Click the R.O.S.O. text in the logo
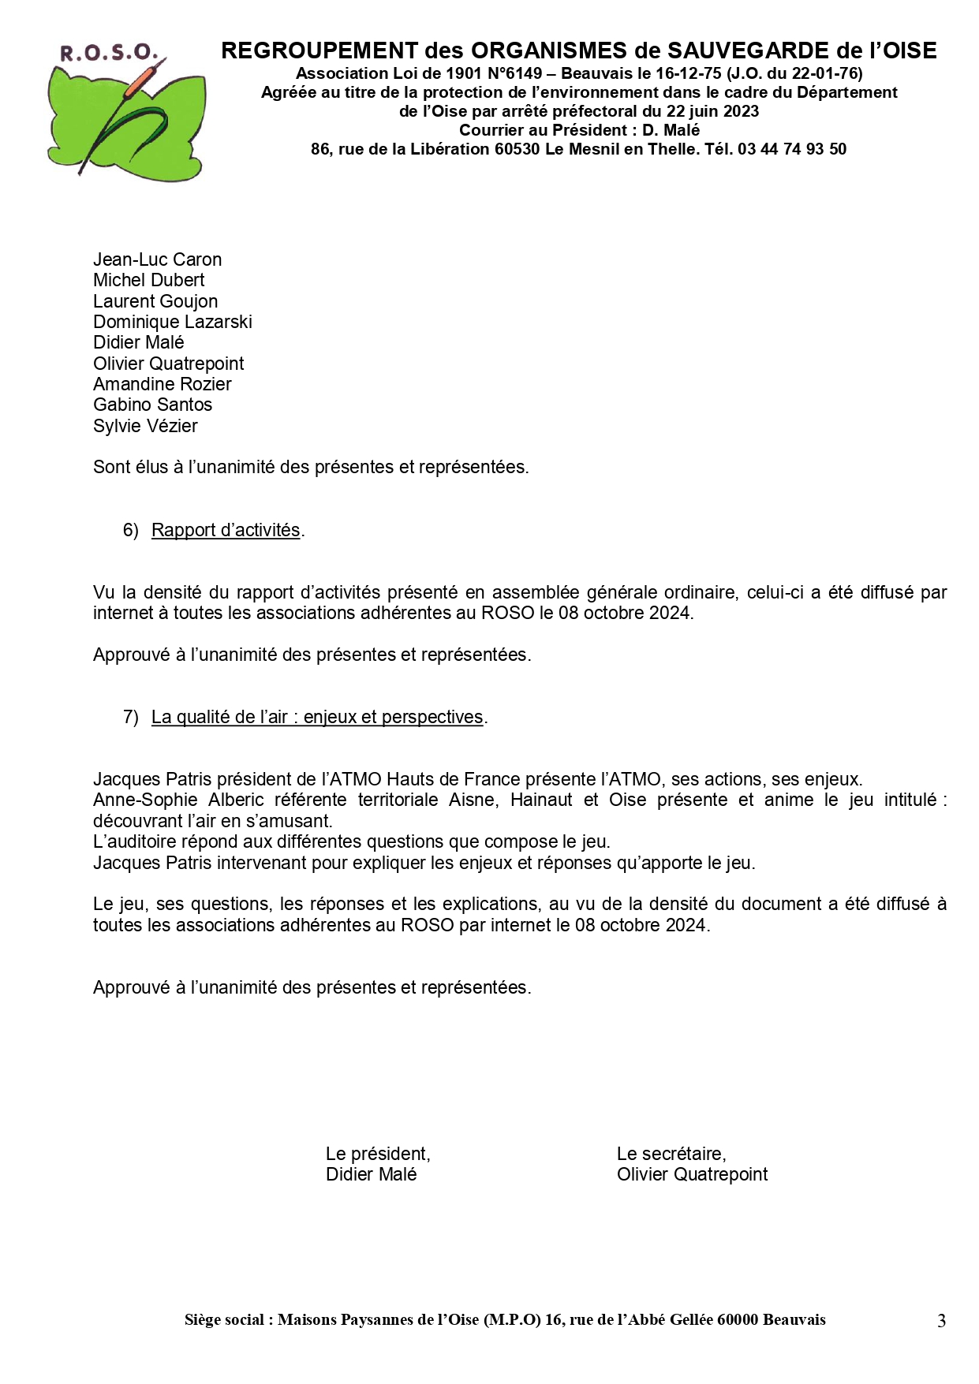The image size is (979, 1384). click(109, 54)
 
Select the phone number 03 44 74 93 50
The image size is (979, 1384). click(791, 149)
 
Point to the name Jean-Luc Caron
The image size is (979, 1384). click(157, 259)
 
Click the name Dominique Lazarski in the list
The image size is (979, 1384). click(172, 322)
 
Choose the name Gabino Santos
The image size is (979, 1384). click(152, 405)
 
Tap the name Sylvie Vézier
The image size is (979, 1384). click(145, 426)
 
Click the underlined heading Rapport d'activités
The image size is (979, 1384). click(226, 530)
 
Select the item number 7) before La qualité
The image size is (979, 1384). click(130, 717)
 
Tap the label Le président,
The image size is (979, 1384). click(378, 1154)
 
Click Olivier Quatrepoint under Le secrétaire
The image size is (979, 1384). click(692, 1174)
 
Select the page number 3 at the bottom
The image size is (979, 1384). click(941, 1321)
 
